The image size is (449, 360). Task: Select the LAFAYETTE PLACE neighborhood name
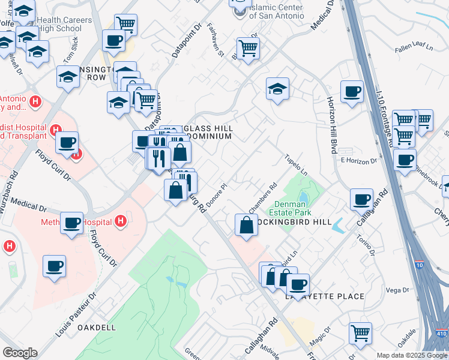coord(326,296)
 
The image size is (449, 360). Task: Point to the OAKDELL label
coord(97,328)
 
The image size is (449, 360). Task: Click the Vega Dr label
coord(397,290)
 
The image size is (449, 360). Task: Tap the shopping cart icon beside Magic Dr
coord(360,333)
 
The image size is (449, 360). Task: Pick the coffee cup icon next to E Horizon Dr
coord(405,160)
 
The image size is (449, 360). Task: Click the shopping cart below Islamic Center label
coord(247,47)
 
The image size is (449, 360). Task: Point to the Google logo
coord(20,353)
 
